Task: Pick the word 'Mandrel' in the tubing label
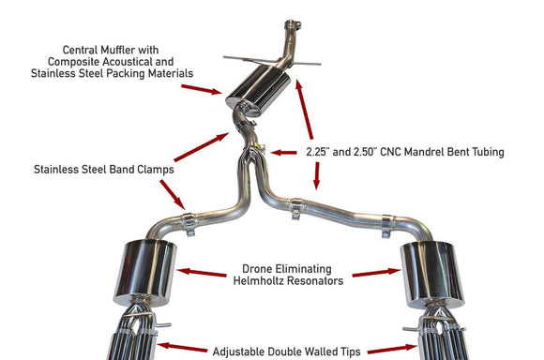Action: (x=431, y=150)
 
